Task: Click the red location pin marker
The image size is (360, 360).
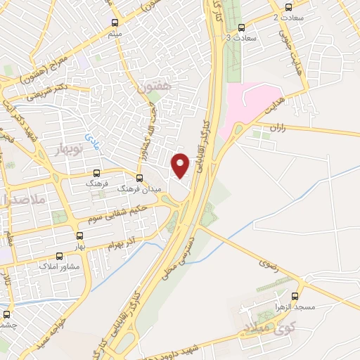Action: pyautogui.click(x=181, y=165)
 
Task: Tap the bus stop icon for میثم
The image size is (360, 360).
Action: pyautogui.click(x=115, y=22)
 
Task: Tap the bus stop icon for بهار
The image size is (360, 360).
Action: pyautogui.click(x=79, y=236)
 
